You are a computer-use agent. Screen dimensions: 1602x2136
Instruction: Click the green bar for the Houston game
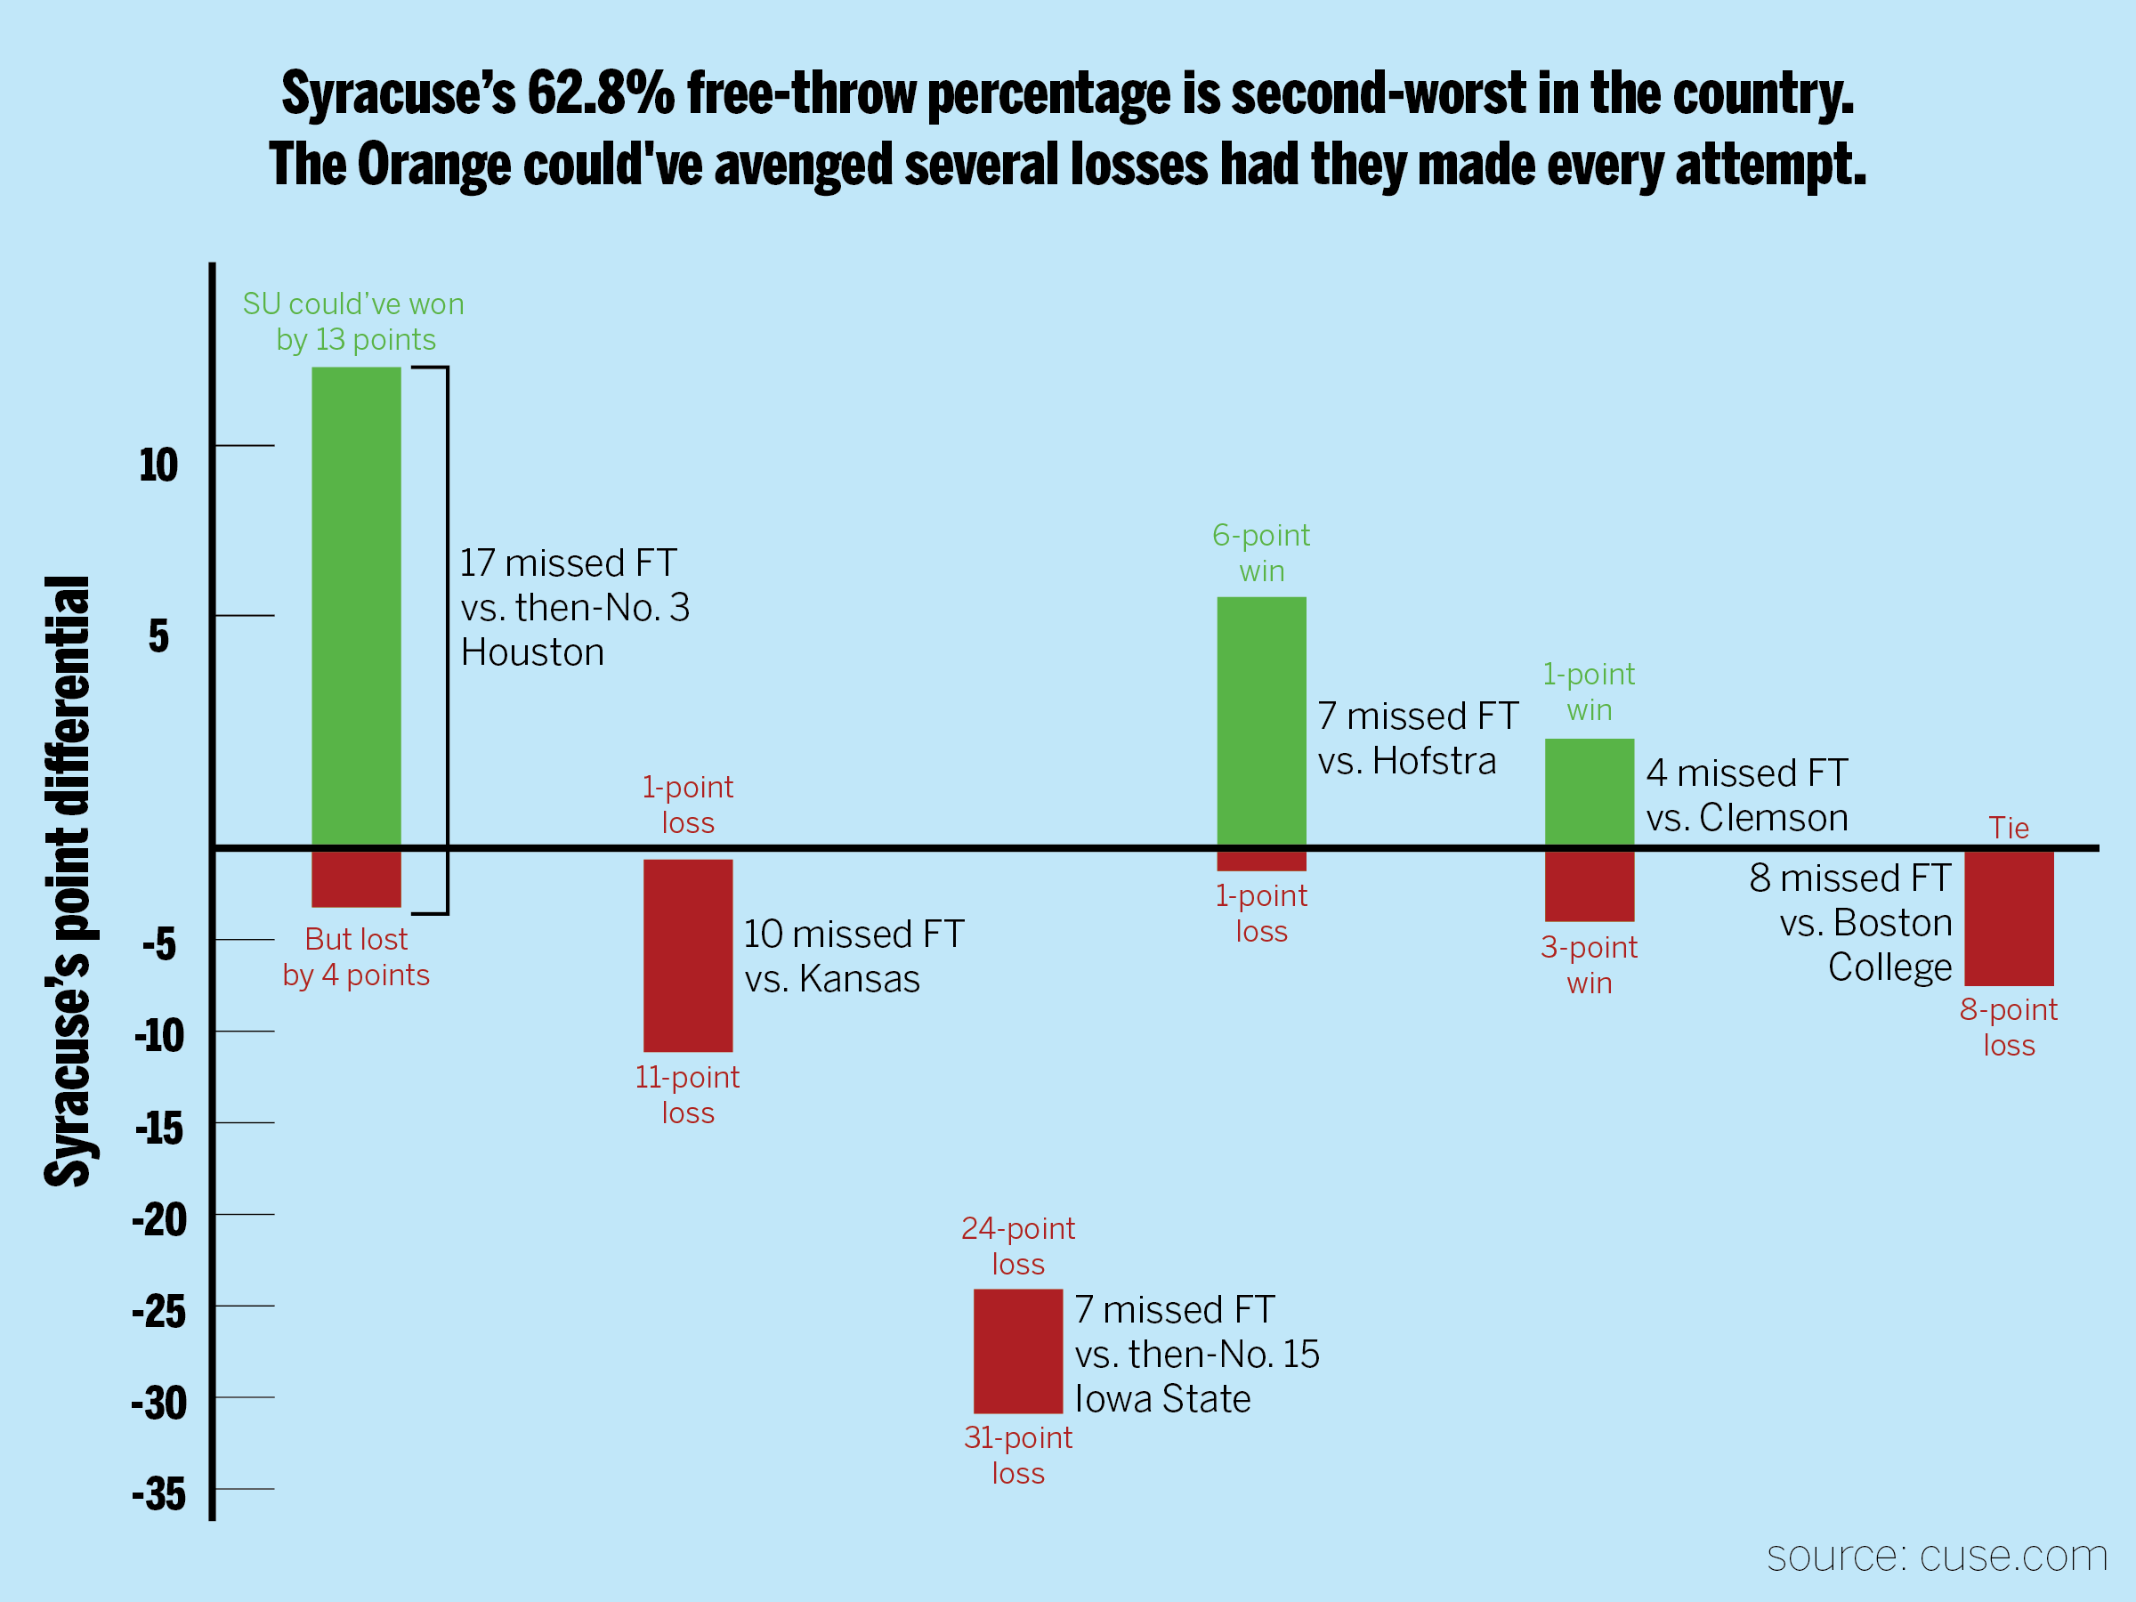356,605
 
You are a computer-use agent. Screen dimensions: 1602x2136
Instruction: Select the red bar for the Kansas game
688,955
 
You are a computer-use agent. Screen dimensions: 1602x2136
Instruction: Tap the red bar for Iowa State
1018,1351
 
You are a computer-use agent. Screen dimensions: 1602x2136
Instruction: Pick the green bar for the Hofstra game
1261,720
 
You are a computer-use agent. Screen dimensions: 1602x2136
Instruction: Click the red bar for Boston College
2009,918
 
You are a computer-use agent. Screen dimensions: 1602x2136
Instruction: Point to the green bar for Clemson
1590,792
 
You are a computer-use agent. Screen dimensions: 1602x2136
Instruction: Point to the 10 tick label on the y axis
158,465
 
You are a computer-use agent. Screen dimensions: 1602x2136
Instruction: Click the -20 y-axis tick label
159,1219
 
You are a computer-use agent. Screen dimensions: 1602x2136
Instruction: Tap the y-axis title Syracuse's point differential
68,881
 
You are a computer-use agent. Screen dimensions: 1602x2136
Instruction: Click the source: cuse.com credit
1936,1557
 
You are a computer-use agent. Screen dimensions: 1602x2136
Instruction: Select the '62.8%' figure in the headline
601,94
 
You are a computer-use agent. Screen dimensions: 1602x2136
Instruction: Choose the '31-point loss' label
1018,1455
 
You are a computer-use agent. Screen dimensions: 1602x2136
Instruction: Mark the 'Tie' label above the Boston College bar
2009,828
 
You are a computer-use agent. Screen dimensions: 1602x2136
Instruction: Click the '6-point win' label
1261,553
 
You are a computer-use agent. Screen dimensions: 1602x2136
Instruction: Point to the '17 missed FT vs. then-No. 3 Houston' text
575,607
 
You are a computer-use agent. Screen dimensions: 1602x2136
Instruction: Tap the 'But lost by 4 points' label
356,957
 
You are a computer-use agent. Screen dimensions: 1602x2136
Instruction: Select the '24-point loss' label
1018,1246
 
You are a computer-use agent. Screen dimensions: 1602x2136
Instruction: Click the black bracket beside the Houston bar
447,639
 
